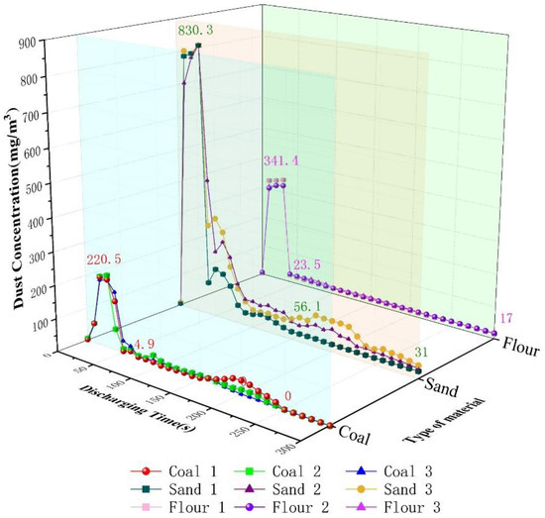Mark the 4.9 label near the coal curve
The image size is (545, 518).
coord(145,345)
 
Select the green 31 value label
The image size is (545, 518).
coord(422,351)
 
